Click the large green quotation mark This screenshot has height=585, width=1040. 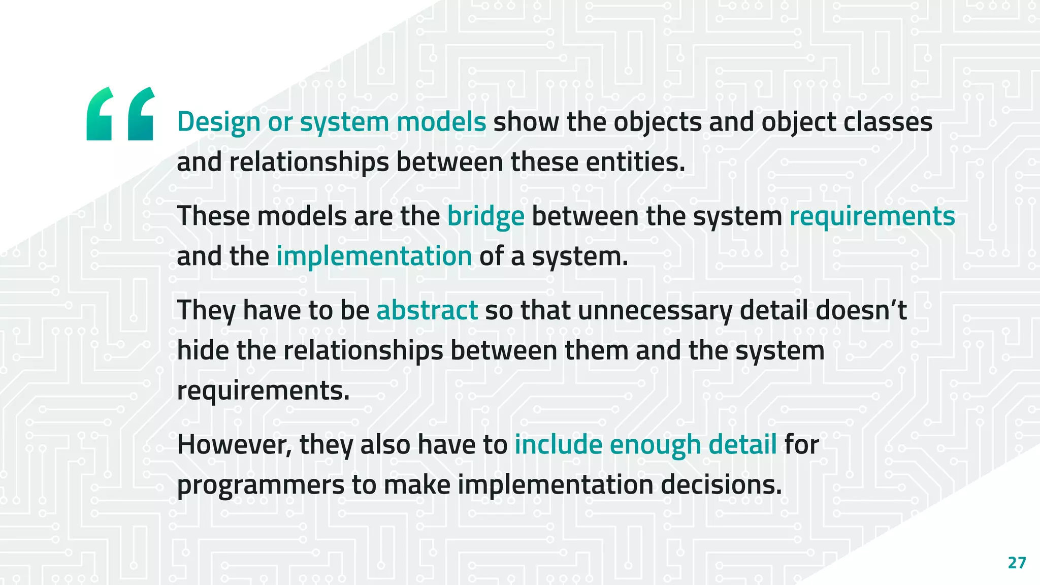[120, 113]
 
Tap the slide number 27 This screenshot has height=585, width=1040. [1017, 563]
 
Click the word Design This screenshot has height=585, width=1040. [218, 122]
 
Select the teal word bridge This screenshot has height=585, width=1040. [485, 217]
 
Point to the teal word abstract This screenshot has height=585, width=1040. [427, 310]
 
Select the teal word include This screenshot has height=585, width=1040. [558, 445]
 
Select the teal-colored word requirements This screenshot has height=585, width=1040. [872, 217]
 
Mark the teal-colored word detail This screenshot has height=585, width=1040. [742, 445]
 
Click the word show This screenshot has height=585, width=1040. [526, 122]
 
